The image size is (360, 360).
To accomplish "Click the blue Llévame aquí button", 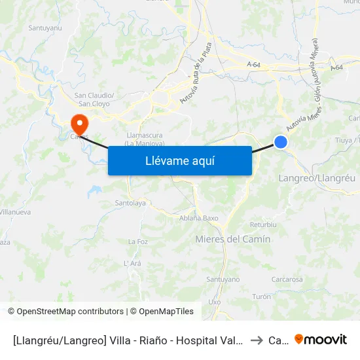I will [x=179, y=160].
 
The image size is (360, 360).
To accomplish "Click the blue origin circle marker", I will [x=281, y=142].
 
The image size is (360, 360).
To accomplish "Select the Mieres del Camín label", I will [x=232, y=240].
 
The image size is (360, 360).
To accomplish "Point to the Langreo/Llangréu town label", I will [x=317, y=178].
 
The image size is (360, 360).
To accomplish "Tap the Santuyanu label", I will [x=45, y=28].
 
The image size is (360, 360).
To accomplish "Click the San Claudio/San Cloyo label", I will [x=96, y=99].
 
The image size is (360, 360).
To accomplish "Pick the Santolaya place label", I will [x=130, y=204].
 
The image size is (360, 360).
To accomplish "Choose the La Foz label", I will [x=138, y=242].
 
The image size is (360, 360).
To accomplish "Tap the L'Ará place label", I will [x=132, y=263].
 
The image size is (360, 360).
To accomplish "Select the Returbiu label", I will [x=263, y=225].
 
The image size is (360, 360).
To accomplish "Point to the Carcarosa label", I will [x=287, y=279].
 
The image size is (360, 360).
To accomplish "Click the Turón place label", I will [x=261, y=297].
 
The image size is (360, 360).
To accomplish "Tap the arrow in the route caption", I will [x=257, y=340].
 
